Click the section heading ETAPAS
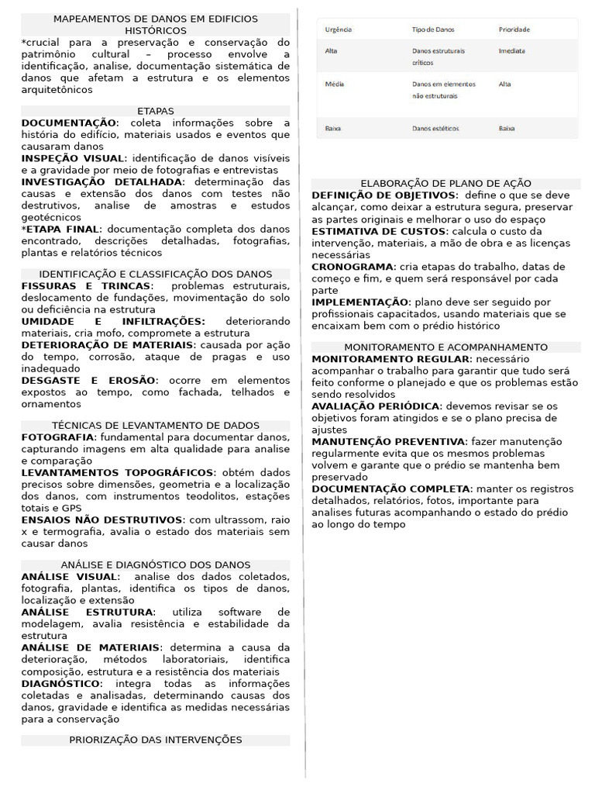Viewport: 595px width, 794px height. point(156,111)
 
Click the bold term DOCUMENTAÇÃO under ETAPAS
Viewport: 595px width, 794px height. point(68,123)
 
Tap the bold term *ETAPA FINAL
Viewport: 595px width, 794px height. point(61,229)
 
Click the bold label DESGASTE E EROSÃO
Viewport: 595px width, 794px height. point(89,380)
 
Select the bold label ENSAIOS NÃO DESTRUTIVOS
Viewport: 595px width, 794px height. point(102,520)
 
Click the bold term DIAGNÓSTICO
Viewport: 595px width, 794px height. point(61,683)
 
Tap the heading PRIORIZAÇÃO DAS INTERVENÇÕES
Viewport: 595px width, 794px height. point(156,740)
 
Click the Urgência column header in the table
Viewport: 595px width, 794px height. point(339,29)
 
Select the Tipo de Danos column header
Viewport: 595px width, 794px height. point(433,29)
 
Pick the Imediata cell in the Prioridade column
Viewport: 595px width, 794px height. point(511,50)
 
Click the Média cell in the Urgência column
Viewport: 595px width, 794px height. point(335,84)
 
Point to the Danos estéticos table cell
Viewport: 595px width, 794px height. point(435,128)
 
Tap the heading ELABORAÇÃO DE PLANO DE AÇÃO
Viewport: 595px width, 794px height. point(445,184)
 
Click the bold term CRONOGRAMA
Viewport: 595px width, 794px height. point(353,266)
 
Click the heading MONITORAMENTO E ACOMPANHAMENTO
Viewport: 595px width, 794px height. point(445,347)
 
